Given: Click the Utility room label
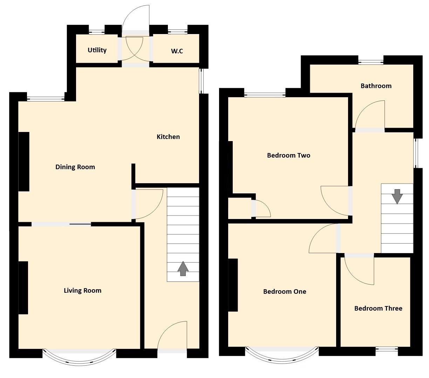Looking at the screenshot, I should [x=97, y=50].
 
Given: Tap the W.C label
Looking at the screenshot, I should [x=177, y=51].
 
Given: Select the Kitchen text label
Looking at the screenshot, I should [x=168, y=137].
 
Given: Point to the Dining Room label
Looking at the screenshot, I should [x=75, y=167].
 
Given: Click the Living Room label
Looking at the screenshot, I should [x=82, y=291].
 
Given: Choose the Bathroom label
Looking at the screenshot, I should [x=376, y=86].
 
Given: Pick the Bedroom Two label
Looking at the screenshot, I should [x=288, y=155].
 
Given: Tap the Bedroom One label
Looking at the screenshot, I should [x=285, y=292].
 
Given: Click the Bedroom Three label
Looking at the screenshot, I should [x=378, y=309].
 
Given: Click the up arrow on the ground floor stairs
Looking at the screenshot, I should [x=183, y=268].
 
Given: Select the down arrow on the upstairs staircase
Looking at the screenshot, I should [x=397, y=196].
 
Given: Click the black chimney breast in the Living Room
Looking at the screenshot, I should [x=23, y=288].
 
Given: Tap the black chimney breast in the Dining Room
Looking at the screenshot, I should [x=24, y=161].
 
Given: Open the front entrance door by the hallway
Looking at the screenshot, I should [x=172, y=337].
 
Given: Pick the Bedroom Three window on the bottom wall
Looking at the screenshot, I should [x=387, y=349].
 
